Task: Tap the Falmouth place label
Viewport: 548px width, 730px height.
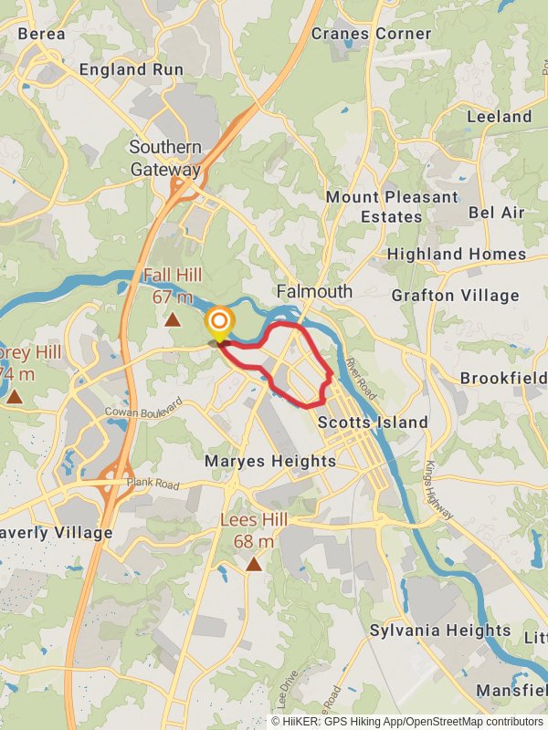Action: pos(314,292)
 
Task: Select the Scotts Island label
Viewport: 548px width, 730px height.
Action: pos(373,422)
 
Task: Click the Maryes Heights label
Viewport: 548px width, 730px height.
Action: pos(270,462)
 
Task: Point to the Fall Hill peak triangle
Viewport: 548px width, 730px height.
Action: pos(173,319)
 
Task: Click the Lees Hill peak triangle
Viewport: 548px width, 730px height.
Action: pos(254,564)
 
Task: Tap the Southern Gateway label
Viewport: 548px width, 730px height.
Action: pos(165,158)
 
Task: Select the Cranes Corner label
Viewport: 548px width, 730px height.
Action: pos(371,34)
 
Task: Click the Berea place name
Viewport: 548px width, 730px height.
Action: pos(41,34)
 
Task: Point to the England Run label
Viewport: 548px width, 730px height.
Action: pos(132,69)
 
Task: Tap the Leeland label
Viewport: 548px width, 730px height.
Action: pos(499,117)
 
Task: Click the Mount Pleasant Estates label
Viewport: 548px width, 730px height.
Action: pos(392,207)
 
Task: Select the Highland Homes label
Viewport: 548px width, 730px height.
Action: pos(457,255)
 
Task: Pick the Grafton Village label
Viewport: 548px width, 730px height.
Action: pos(455,296)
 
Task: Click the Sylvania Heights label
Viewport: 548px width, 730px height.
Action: pos(440,631)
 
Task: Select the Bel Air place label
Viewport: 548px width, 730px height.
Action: pos(497,213)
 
